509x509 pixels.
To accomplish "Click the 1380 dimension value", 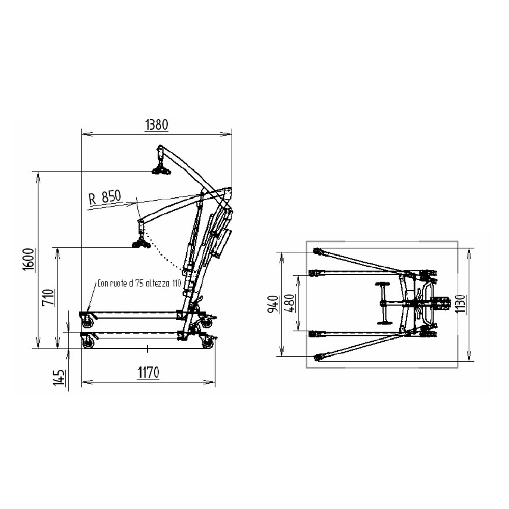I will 156,124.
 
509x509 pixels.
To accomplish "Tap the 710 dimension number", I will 49,298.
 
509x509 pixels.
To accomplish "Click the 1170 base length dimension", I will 148,373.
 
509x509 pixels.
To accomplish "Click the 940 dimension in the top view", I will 274,303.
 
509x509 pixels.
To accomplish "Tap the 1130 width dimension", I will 461,303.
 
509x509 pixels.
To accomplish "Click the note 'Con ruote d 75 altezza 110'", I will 138,284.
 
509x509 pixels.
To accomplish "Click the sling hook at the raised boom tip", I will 161,169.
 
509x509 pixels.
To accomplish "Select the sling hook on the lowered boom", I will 141,243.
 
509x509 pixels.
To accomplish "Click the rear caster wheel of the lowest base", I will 208,344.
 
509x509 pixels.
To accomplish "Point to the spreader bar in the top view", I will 382,303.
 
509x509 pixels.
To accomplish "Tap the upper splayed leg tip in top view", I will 317,251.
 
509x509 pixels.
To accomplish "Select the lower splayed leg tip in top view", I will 318,357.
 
